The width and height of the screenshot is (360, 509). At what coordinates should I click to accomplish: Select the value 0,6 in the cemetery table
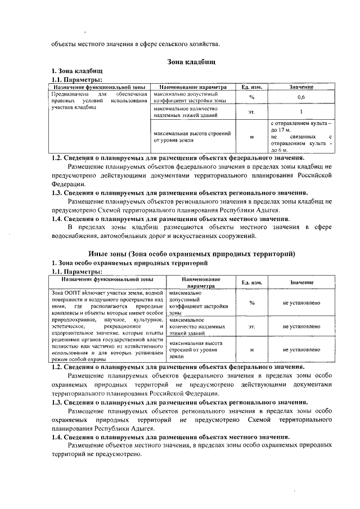(x=301, y=97)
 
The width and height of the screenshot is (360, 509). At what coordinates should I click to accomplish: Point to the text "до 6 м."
(x=280, y=151)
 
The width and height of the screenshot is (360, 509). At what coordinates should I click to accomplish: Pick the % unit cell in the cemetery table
(x=251, y=97)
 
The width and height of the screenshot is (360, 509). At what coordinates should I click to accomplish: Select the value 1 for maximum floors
(x=301, y=111)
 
